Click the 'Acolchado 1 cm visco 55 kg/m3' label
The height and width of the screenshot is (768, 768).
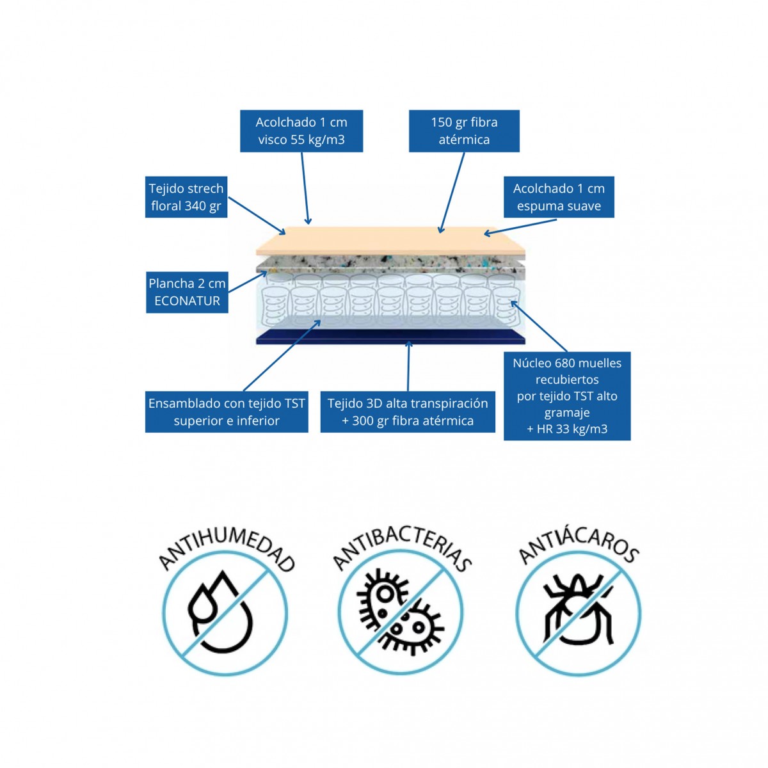(301, 131)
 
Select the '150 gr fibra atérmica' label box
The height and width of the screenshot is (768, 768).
(464, 131)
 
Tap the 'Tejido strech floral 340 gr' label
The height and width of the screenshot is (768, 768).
(186, 197)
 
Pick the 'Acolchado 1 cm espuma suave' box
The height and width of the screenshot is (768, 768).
(559, 197)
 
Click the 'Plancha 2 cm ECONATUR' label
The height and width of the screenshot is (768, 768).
(187, 292)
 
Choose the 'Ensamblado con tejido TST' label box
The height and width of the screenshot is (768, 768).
(227, 412)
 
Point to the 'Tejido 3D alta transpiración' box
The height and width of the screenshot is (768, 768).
(408, 412)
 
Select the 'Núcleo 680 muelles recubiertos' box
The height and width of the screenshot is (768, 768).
(567, 396)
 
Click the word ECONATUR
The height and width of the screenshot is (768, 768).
(187, 301)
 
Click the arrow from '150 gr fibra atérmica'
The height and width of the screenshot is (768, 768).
(452, 192)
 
